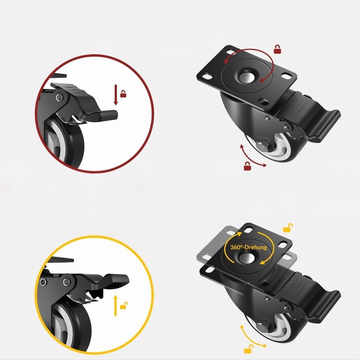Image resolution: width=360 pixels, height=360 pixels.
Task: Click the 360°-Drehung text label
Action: [x=248, y=247]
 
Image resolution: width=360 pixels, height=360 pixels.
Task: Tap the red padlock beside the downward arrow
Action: [x=123, y=94]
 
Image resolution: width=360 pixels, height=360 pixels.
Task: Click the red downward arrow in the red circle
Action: [x=116, y=95]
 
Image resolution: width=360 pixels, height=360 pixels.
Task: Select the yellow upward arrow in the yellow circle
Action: [x=115, y=305]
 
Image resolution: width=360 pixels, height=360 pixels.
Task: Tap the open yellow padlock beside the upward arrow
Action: [x=124, y=305]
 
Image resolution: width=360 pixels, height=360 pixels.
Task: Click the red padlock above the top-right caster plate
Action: [x=277, y=49]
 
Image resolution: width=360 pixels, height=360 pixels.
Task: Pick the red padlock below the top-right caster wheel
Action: [x=247, y=166]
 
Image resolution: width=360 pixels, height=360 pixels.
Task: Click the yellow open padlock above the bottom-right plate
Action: [x=288, y=227]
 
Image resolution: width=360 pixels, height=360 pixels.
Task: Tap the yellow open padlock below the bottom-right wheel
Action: [x=249, y=349]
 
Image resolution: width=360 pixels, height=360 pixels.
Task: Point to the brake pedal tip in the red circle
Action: [x=113, y=115]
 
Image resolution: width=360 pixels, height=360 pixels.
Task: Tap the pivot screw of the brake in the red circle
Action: [x=59, y=97]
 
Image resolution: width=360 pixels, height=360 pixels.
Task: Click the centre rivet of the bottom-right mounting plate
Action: [x=246, y=257]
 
